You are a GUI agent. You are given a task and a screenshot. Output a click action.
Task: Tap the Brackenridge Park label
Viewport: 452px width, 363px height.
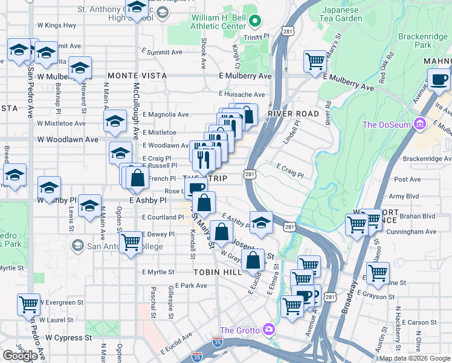423,41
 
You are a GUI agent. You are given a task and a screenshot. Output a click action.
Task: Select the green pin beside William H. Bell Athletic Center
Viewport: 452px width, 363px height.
255,22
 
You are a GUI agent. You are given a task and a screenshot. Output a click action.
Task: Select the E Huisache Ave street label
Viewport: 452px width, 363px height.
242,94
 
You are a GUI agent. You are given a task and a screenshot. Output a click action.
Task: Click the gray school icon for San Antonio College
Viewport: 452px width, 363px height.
77,245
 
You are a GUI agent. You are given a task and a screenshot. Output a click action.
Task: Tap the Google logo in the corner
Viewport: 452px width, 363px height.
21,355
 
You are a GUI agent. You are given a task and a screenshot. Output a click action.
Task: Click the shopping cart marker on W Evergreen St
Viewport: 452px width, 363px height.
29,305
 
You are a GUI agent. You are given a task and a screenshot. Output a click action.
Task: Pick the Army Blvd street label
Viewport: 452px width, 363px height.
404,197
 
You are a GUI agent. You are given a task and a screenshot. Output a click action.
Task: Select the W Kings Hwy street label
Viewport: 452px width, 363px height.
57,25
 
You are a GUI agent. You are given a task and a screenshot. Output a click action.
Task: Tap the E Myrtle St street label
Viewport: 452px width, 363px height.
158,272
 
